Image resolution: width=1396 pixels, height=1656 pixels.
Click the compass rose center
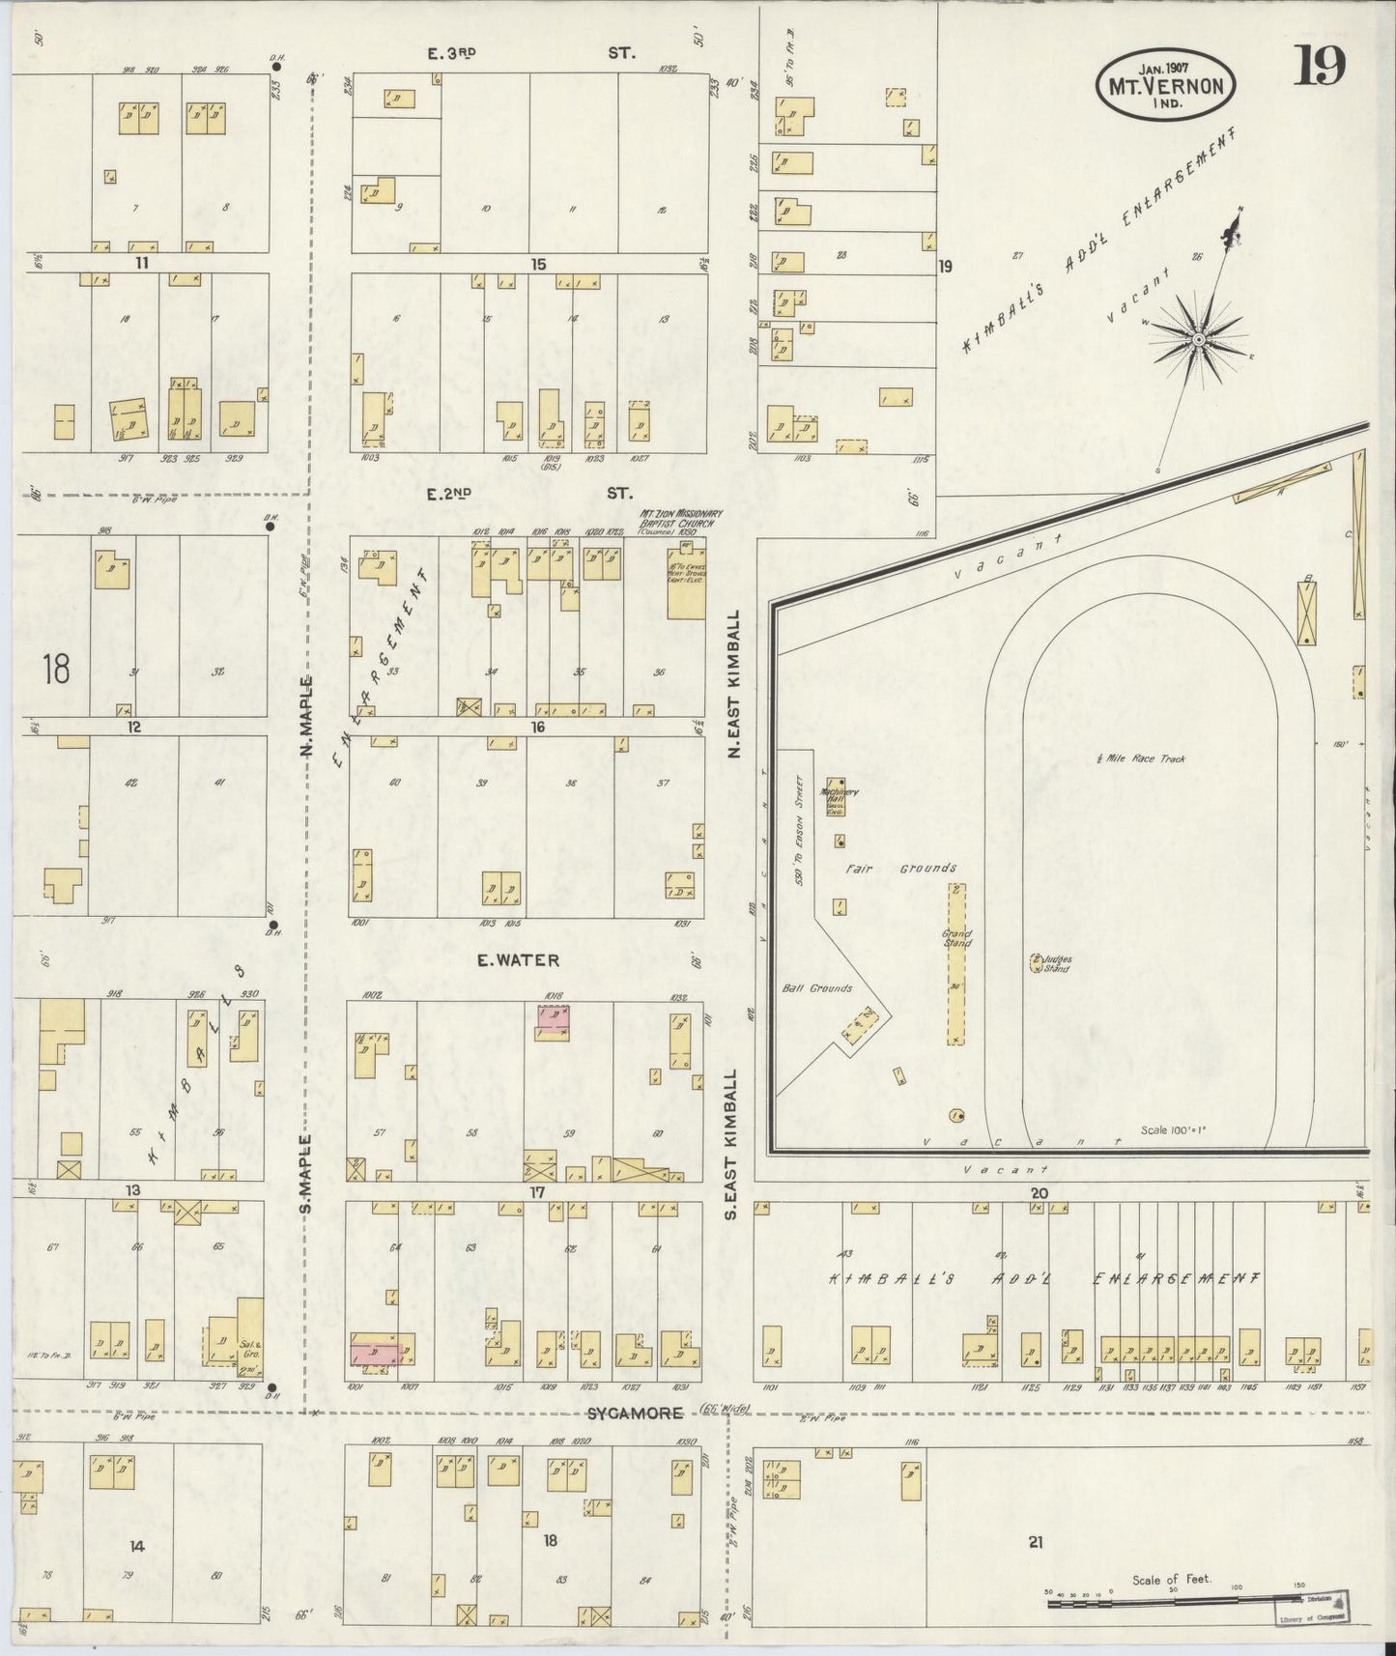1198,339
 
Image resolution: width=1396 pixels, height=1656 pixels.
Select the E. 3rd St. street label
529,54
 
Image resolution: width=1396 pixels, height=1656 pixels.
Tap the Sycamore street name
636,1413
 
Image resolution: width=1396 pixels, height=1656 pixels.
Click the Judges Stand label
1054,963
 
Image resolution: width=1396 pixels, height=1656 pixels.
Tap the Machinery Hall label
833,796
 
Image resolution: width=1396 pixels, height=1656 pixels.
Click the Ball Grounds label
816,988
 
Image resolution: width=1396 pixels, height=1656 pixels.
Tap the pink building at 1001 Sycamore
375,1352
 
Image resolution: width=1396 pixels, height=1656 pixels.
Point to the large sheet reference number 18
56,668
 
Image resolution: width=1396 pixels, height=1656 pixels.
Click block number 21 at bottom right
1036,1543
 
